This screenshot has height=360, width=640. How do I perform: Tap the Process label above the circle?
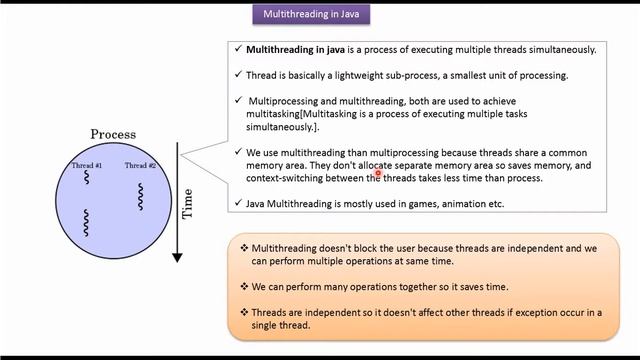pos(113,134)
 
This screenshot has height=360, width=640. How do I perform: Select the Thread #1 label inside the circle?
pos(87,165)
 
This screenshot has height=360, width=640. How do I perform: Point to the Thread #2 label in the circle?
pos(140,165)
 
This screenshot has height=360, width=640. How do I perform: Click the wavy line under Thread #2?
pos(141,196)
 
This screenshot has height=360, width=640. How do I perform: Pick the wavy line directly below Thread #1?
pos(87,179)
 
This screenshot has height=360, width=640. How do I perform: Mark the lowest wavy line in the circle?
pos(87,221)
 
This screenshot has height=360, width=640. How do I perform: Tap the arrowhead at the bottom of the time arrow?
pos(177,256)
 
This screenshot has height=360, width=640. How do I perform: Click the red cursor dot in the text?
pos(379,173)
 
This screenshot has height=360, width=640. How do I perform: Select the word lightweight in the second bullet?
pos(385,75)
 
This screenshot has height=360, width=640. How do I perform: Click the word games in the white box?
pos(424,203)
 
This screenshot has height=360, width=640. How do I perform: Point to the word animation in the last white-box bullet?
pos(467,203)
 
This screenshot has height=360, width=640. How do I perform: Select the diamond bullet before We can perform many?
pos(244,286)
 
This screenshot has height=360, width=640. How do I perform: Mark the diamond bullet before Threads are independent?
pos(244,312)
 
